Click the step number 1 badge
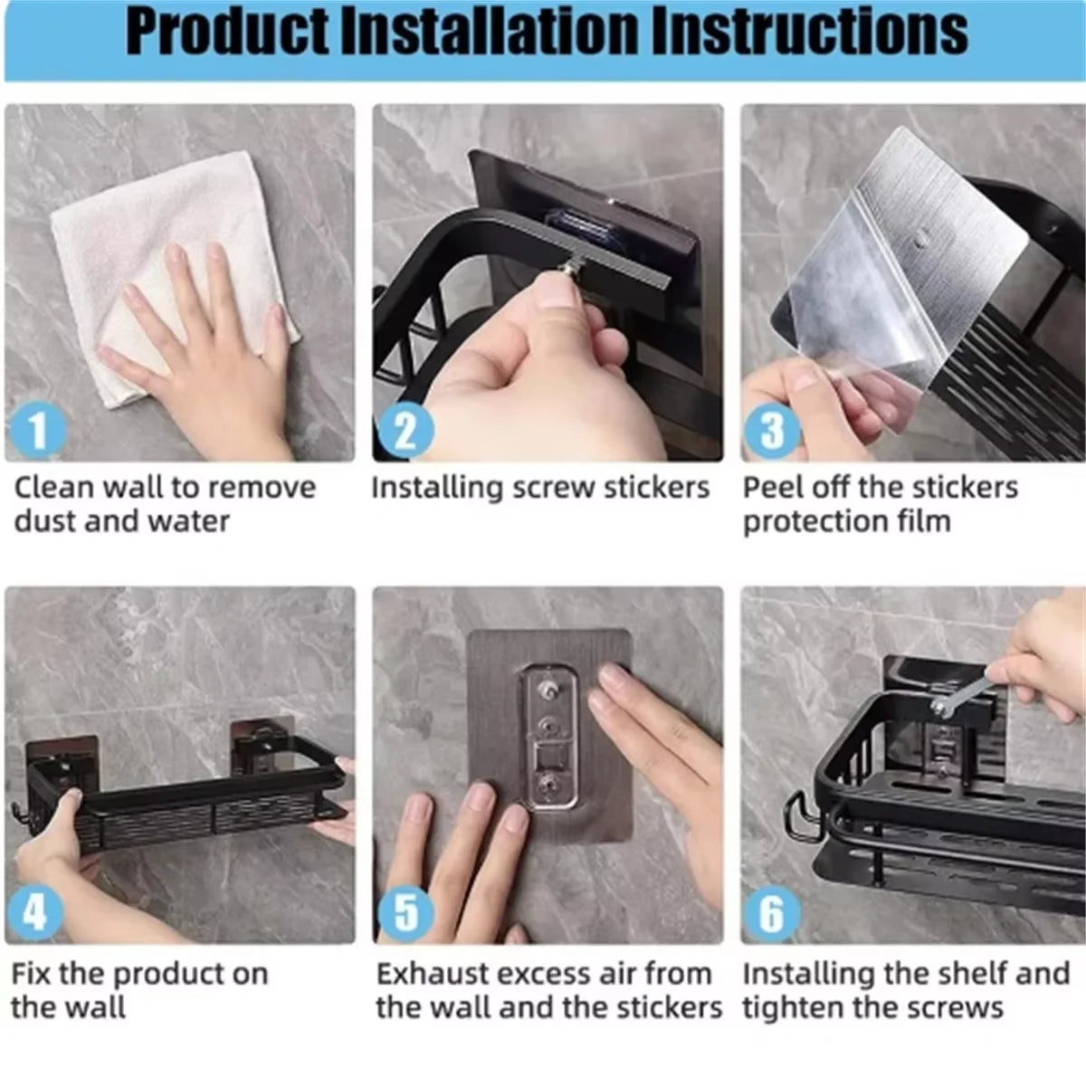pyautogui.click(x=38, y=430)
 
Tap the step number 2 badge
pyautogui.click(x=405, y=430)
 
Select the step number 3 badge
pyautogui.click(x=772, y=430)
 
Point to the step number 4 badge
pyautogui.click(x=36, y=912)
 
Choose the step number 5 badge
pyautogui.click(x=405, y=912)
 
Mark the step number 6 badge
pyautogui.click(x=772, y=912)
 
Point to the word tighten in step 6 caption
pyautogui.click(x=796, y=1008)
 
